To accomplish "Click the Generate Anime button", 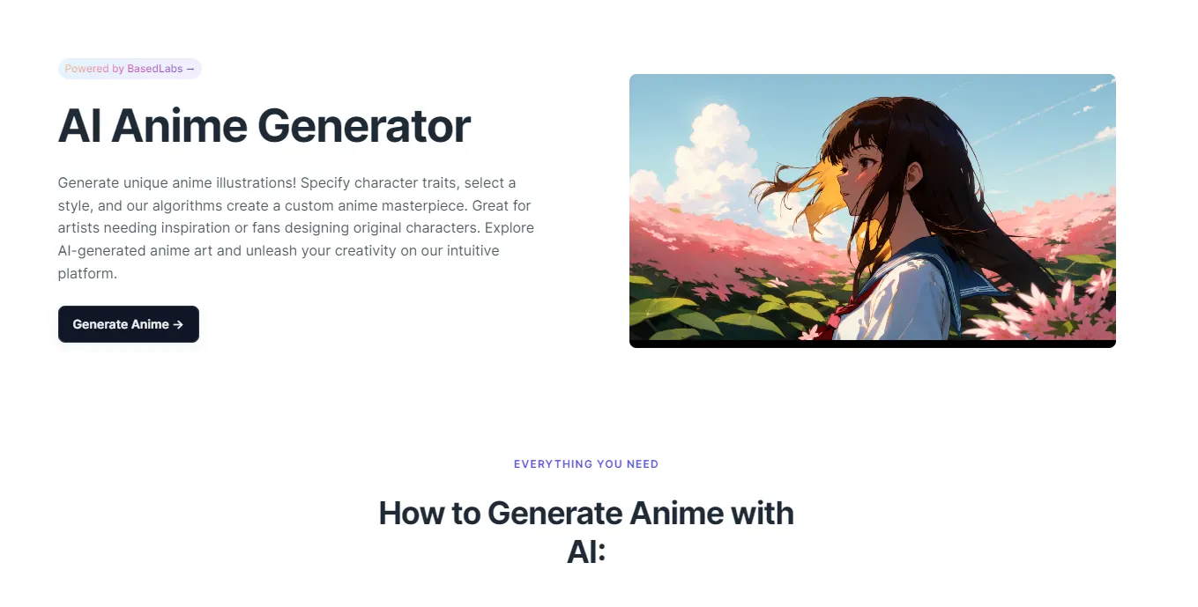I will (128, 324).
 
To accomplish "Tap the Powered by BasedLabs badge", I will (130, 69).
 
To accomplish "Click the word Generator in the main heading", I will (363, 126).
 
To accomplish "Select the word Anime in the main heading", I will (179, 126).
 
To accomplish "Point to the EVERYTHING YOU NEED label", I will (586, 464).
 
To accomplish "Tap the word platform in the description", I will (86, 273).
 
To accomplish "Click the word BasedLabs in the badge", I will (154, 69).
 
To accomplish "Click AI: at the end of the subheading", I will (586, 551).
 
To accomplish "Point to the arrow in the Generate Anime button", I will (178, 324).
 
